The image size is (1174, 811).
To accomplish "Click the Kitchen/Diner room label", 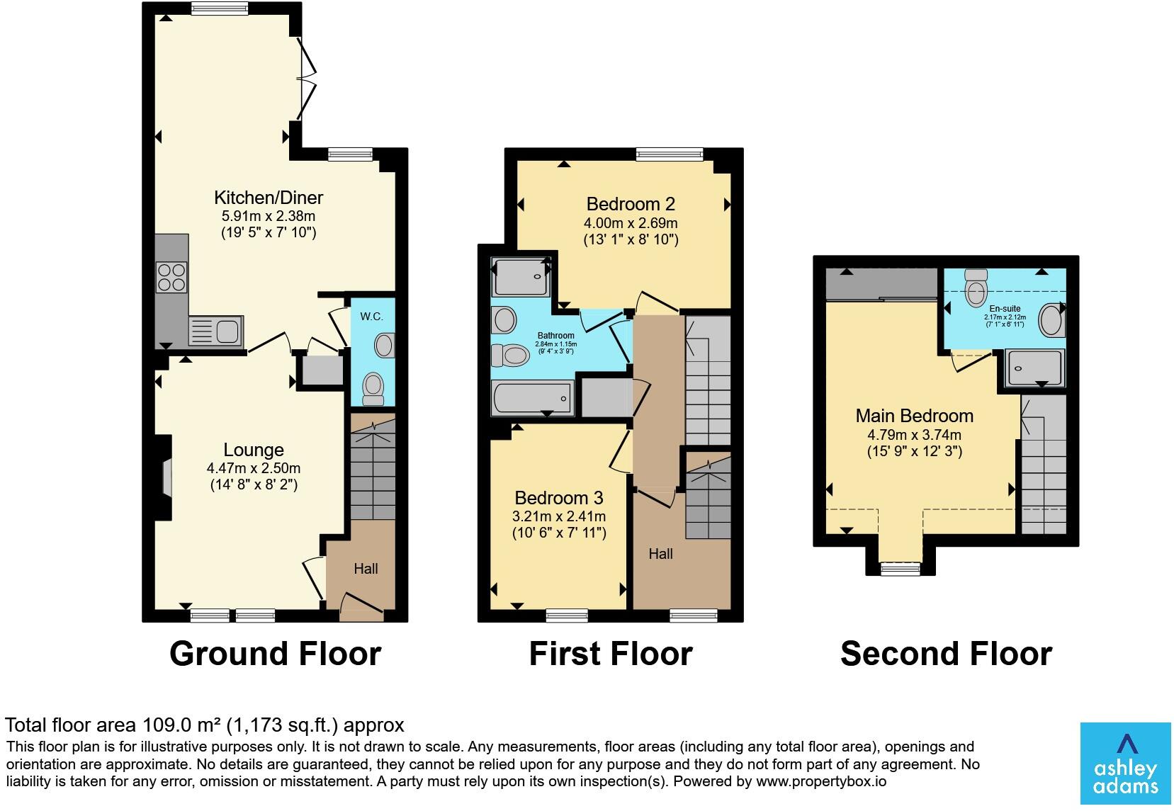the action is [x=269, y=198].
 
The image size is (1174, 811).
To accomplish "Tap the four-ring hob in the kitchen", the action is [x=171, y=278].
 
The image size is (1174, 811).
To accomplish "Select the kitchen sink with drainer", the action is [x=216, y=331].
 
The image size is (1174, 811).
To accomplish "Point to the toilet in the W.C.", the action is [x=373, y=388].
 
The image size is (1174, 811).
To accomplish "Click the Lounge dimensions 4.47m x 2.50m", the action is [x=254, y=468].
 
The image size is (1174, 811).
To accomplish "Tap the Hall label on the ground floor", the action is [x=366, y=569].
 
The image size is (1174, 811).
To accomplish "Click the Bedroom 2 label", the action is [x=631, y=203].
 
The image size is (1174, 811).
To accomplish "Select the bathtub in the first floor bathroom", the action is [x=533, y=398].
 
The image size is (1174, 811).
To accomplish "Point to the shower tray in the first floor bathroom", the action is [x=521, y=276].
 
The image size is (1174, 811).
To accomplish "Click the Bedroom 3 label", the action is [x=559, y=497].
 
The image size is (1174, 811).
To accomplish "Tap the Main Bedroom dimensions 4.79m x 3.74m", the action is [x=914, y=434].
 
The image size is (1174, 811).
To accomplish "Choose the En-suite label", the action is [x=1005, y=309].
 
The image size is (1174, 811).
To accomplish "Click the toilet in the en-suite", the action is [x=976, y=288].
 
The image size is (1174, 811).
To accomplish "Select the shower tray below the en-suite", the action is [x=1034, y=368].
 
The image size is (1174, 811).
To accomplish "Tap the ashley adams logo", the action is [x=1125, y=764].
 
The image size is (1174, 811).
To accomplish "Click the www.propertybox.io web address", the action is [x=821, y=782].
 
